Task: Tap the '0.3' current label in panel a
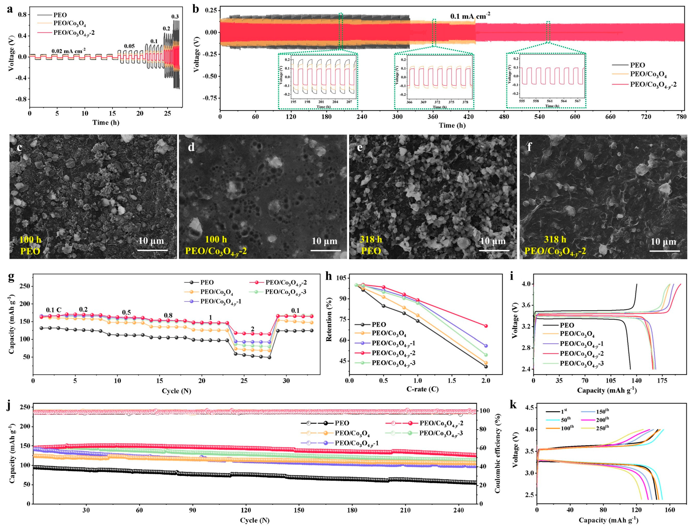point(175,17)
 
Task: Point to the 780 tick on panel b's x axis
point(682,117)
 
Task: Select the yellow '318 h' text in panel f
point(555,239)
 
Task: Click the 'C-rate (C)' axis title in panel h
point(422,389)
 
